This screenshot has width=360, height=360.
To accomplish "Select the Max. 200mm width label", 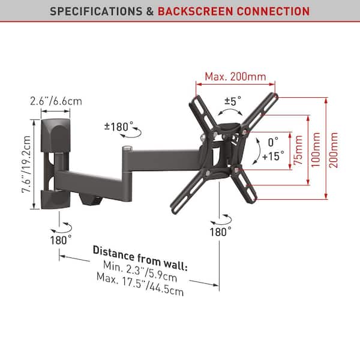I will pos(235,77).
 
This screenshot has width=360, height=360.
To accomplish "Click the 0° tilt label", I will pos(274,143).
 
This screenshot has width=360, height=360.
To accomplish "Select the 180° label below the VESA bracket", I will pos(220,232).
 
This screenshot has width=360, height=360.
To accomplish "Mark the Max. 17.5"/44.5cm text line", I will pos(139,285).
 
